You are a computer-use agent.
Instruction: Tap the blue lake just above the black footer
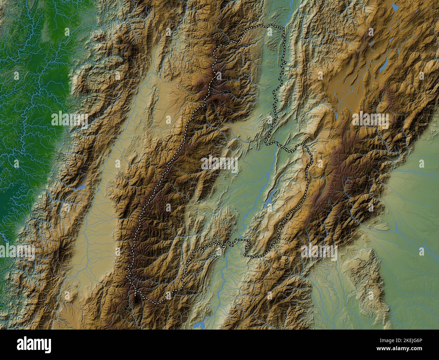click(x=198, y=326)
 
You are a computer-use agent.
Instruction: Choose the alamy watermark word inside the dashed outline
click(x=219, y=164)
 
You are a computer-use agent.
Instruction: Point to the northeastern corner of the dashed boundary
click(x=283, y=28)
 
